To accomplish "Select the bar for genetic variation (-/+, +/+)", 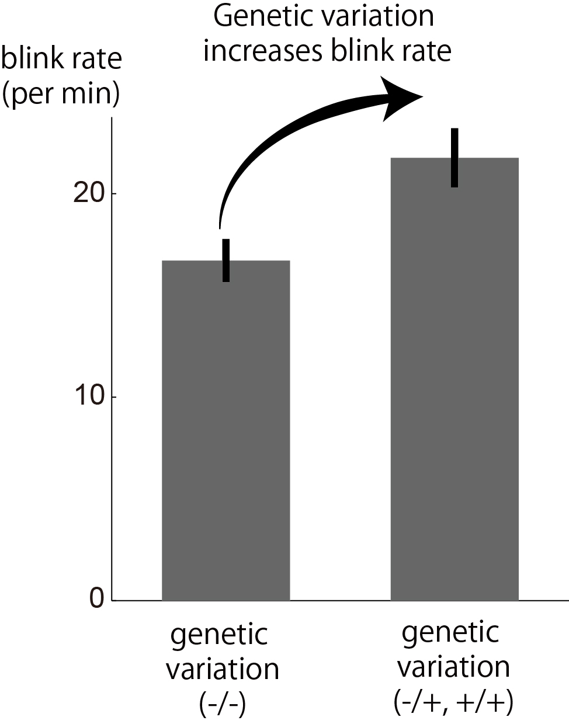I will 454,380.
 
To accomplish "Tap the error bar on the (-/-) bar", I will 226,260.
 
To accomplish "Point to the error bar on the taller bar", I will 454,158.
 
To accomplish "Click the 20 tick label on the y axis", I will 86,194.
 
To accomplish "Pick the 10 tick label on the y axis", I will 86,397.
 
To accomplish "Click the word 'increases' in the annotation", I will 261,51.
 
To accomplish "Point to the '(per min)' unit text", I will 61,94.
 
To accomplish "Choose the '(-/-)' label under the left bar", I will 222,705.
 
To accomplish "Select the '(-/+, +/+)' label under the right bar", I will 453,703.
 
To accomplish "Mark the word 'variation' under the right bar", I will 453,667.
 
